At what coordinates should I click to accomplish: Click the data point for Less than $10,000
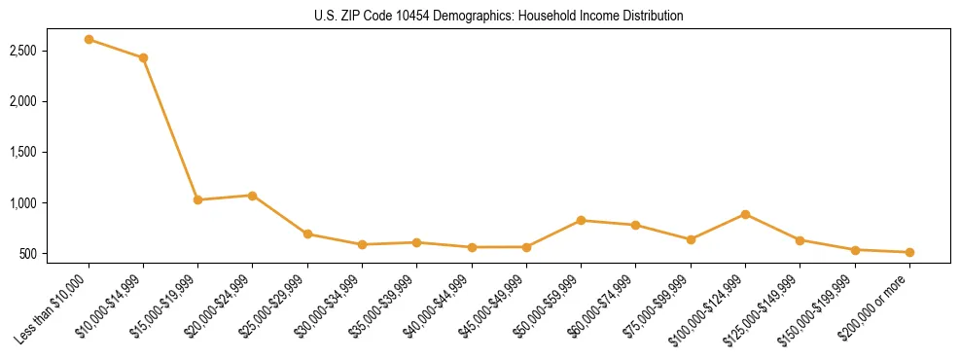(89, 39)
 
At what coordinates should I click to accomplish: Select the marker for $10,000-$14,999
(143, 57)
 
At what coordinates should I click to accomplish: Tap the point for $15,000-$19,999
(197, 199)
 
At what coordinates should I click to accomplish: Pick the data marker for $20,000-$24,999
(252, 196)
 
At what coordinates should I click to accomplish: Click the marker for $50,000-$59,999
(581, 220)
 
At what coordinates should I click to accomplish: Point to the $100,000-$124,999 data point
(745, 214)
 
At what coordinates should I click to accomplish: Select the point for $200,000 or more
(909, 252)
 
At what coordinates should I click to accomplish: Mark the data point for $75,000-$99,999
(691, 239)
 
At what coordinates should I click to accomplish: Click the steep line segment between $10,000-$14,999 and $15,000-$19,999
(170, 128)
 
